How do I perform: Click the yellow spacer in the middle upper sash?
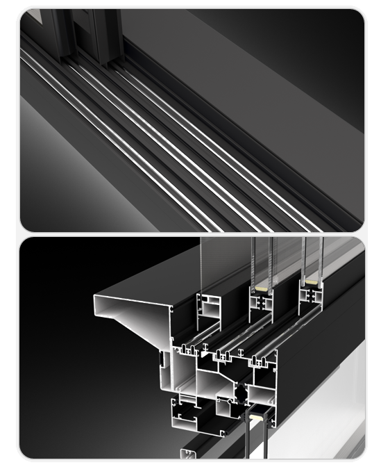point(261,288)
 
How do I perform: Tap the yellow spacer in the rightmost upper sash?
point(312,283)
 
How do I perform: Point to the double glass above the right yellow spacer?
point(312,257)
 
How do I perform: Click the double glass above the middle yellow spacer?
point(262,261)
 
